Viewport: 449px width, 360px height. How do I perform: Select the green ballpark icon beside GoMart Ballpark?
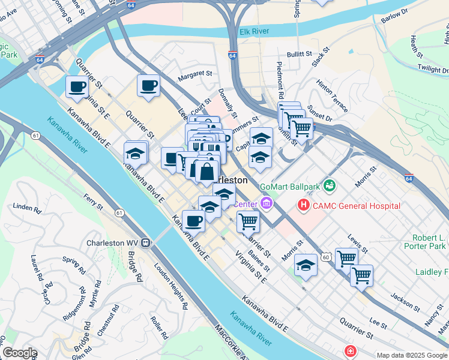point(329,186)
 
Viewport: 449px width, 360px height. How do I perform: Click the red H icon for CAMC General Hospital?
point(304,206)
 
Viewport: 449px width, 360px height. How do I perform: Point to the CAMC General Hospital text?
point(356,206)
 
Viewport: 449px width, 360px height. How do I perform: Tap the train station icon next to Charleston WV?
point(145,244)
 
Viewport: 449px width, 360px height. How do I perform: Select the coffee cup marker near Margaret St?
point(149,85)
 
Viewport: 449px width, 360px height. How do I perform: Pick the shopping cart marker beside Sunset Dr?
point(301,127)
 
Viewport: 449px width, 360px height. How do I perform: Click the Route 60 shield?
point(325,256)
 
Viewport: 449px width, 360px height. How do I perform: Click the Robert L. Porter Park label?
point(429,242)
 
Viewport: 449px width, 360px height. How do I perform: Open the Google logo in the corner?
point(20,353)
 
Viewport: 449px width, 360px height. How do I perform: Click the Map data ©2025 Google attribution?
point(412,355)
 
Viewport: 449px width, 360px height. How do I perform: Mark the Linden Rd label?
point(27,209)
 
